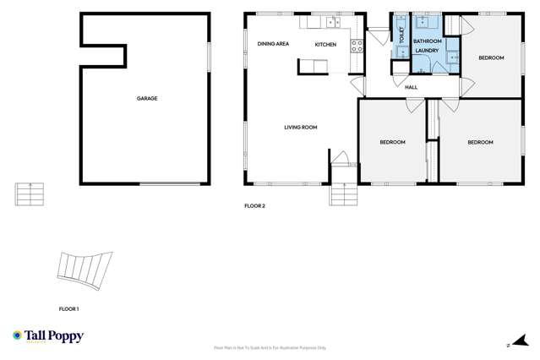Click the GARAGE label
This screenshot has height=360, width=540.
pos(147,99)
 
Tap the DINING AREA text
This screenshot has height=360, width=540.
pos(273,44)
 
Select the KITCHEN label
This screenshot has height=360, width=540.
pos(325,44)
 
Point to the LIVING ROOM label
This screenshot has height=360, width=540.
pos(300,128)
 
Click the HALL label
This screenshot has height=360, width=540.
pos(412,87)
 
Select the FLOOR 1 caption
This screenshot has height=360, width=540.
pos(68,309)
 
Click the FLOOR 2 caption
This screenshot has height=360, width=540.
pos(254,205)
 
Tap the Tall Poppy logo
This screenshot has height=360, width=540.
pos(42,336)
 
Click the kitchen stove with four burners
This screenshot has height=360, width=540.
pos(357,46)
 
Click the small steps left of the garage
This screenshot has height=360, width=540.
pos(28,195)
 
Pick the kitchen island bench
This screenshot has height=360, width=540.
pos(313,65)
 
